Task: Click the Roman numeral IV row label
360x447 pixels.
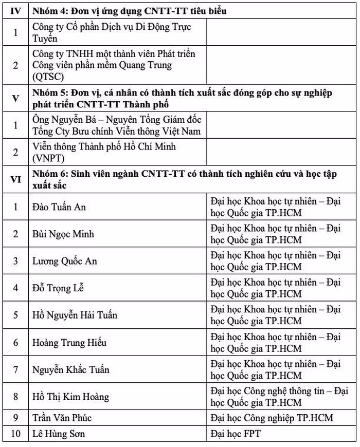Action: coord(15,11)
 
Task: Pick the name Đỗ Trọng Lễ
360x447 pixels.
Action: coord(58,288)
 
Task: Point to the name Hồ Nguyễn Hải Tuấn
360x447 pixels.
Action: coord(75,315)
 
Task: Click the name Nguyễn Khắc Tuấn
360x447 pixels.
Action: coord(71,369)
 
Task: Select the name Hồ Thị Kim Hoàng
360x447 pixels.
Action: coord(70,397)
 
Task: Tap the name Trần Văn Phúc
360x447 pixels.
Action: coord(62,418)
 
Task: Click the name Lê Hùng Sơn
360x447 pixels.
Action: coord(59,434)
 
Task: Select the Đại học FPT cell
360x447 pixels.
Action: coord(236,434)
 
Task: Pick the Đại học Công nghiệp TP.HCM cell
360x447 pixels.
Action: coord(272,418)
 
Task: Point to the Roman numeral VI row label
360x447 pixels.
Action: coord(15,179)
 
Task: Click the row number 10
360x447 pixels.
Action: coord(15,434)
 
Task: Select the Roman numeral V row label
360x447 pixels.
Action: coord(15,98)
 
